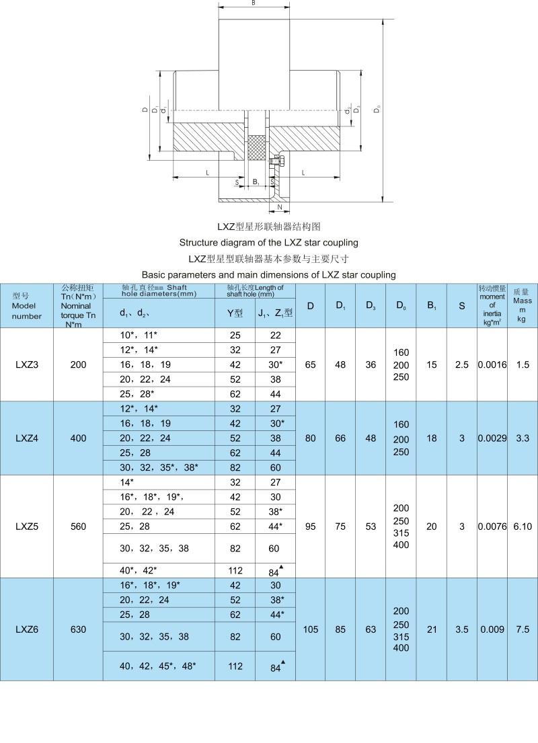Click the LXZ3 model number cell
point(27,364)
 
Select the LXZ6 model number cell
point(27,629)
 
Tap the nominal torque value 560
point(78,526)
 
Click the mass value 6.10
point(523,526)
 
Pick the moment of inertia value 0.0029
point(492,438)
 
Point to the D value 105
point(311,629)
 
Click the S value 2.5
point(462,364)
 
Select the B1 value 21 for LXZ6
point(432,629)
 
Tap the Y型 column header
point(235,313)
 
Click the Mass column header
point(523,305)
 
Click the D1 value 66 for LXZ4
point(341,438)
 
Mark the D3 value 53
point(371,526)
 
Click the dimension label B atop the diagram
point(253,3)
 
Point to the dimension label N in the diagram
point(279,208)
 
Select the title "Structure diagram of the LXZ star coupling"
point(268,242)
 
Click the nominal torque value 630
point(78,629)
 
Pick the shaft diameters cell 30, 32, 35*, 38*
point(159,467)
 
